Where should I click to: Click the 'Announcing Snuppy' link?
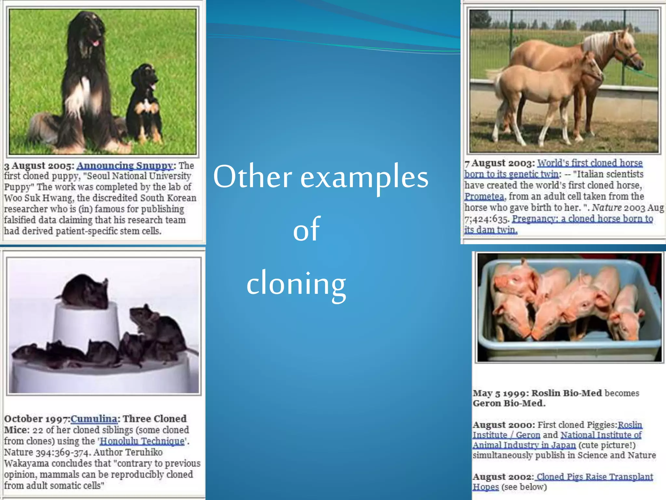coord(125,165)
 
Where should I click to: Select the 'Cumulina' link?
coord(94,419)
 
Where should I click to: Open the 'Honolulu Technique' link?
coord(142,441)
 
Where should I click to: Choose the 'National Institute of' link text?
coord(601,435)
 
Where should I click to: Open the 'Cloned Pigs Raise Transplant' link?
coord(594,477)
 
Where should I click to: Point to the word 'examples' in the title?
coord(364,177)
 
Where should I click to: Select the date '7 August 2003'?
coord(499,163)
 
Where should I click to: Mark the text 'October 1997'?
coord(37,419)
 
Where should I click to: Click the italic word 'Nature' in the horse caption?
coord(606,208)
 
